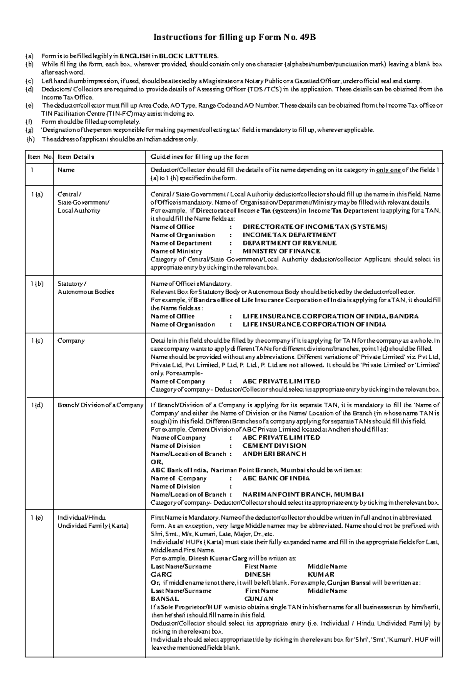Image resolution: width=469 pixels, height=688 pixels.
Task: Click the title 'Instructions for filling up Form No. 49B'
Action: tap(234, 38)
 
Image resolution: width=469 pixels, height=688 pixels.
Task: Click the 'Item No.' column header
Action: tap(40, 157)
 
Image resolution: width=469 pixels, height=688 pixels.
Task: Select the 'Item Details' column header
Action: tap(76, 157)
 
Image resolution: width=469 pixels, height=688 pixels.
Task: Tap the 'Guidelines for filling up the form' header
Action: tap(200, 157)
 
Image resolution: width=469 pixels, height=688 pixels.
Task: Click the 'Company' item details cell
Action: tap(71, 340)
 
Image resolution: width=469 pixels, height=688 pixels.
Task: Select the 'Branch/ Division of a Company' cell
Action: tap(100, 405)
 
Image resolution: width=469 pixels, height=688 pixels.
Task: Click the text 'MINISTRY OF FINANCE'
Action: tap(281, 251)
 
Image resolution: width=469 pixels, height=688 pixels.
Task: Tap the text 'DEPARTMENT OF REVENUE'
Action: tap(290, 243)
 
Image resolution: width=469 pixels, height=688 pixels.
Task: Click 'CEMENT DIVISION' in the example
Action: tap(274, 446)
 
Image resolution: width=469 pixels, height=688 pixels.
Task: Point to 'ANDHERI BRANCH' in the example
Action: tap(274, 454)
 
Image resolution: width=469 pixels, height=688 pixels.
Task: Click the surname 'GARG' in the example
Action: tap(161, 575)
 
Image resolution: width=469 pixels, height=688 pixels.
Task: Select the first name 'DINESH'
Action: tap(258, 575)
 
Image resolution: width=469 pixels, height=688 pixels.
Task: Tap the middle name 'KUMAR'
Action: tap(321, 575)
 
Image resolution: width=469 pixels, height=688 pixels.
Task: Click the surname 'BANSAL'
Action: tap(165, 599)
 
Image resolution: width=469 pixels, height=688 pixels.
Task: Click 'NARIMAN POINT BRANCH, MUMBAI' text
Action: tap(303, 494)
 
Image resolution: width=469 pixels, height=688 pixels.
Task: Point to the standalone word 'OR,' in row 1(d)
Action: tap(157, 462)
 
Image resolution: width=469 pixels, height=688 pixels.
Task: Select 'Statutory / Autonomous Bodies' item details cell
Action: tap(86, 288)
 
